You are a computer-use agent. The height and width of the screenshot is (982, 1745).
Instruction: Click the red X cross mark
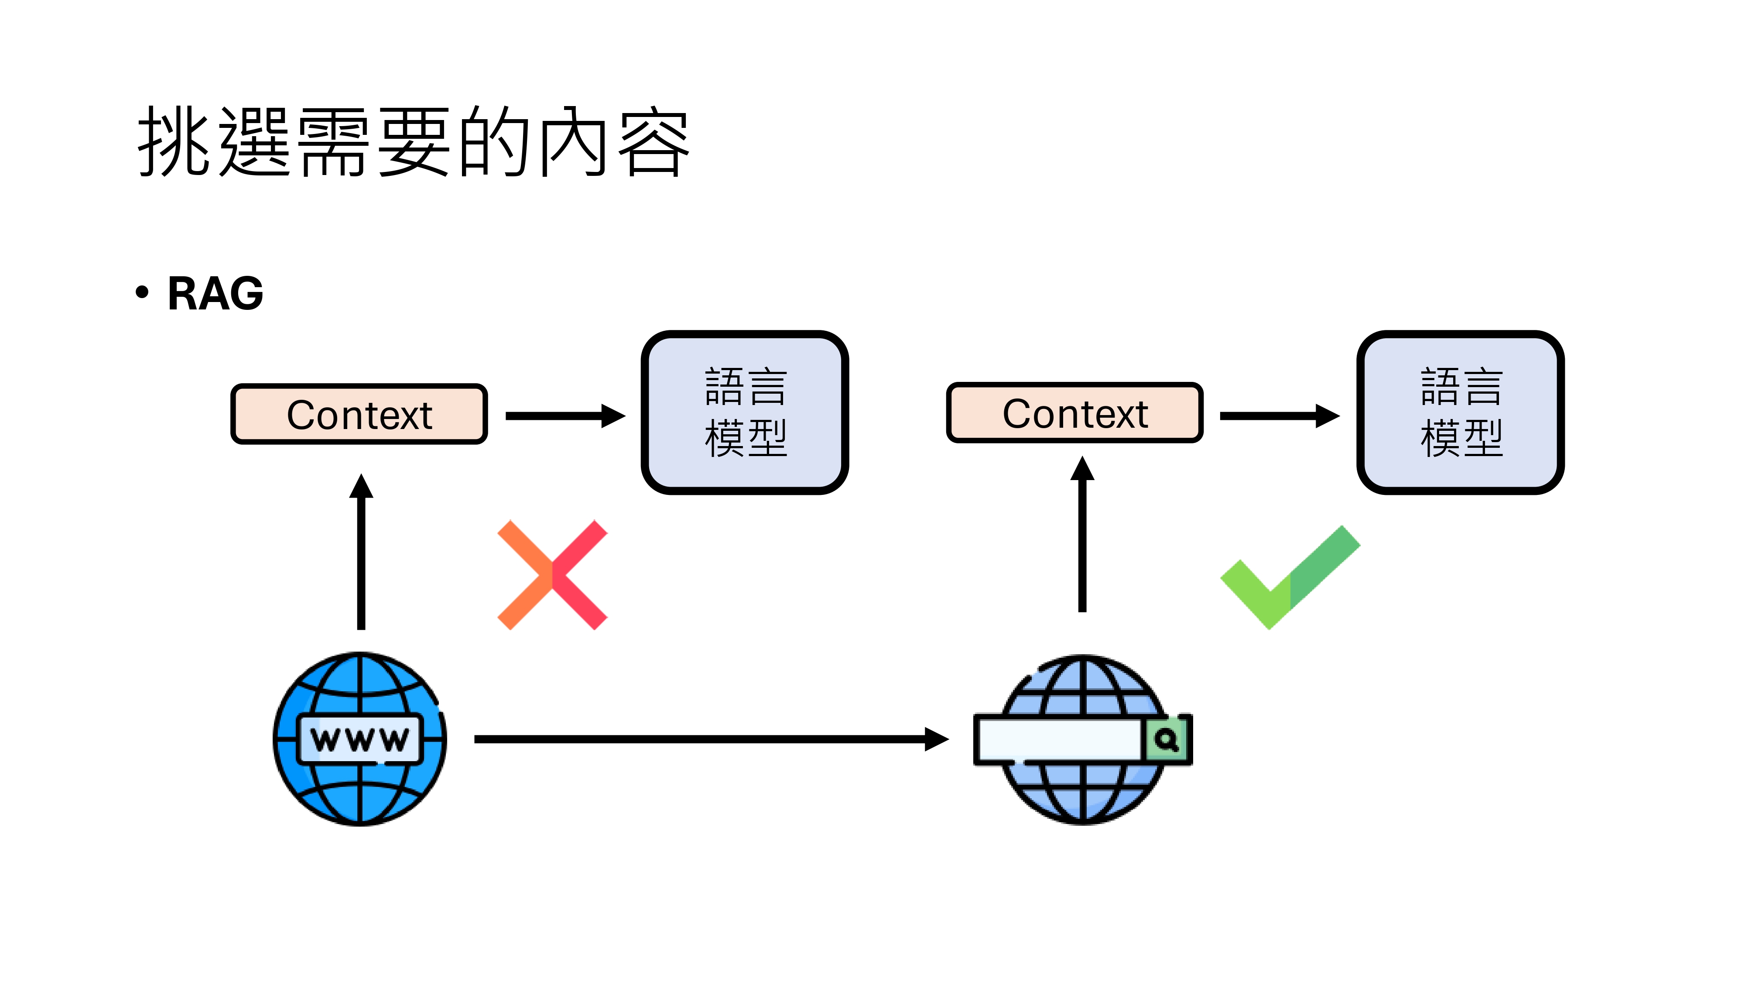[552, 575]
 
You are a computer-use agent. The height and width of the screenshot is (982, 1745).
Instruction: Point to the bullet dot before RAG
[142, 292]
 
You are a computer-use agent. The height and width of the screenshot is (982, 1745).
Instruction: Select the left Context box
[359, 414]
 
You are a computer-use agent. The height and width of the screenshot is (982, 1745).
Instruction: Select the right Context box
[1074, 413]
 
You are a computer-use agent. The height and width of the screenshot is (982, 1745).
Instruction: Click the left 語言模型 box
[745, 412]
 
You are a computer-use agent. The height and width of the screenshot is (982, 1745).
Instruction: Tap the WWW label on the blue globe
[360, 739]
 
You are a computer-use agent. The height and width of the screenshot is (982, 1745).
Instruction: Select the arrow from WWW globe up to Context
[361, 553]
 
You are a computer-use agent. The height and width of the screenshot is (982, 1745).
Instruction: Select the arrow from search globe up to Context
[1082, 536]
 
